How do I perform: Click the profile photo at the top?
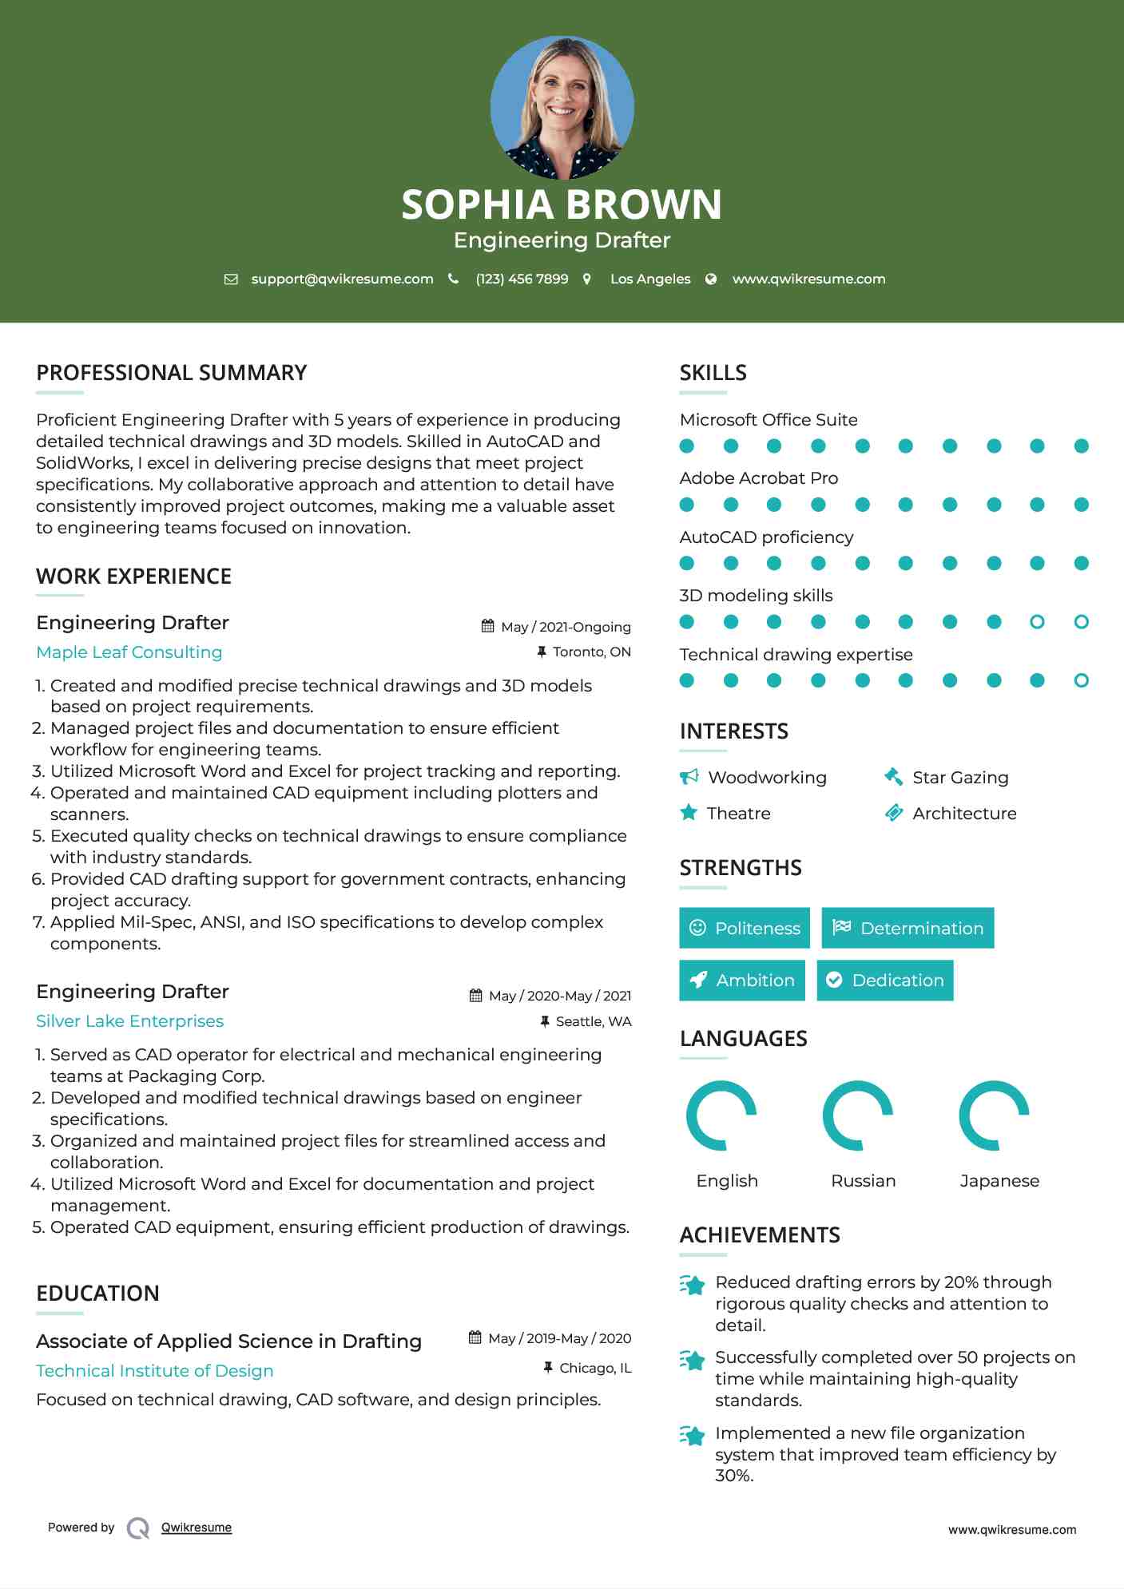tap(562, 107)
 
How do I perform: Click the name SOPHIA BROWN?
tap(562, 204)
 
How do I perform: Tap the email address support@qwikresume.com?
tap(342, 279)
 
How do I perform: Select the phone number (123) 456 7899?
tap(522, 279)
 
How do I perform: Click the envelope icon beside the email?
tap(231, 279)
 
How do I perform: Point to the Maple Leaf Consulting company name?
tap(129, 652)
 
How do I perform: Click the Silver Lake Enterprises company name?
tap(129, 1021)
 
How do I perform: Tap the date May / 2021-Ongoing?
tap(566, 627)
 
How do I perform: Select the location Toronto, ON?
tap(591, 652)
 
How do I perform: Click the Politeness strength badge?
tap(745, 928)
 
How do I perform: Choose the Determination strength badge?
tap(908, 928)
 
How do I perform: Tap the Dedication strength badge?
tap(885, 980)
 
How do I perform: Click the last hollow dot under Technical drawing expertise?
tap(1081, 680)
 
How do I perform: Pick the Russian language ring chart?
tap(858, 1115)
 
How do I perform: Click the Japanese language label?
tap(999, 1180)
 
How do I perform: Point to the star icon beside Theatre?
tap(689, 813)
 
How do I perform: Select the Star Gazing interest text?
tap(960, 778)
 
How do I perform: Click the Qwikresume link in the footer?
tap(197, 1527)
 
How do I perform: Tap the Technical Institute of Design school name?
tap(155, 1371)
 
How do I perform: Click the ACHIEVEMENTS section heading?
tap(760, 1235)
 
